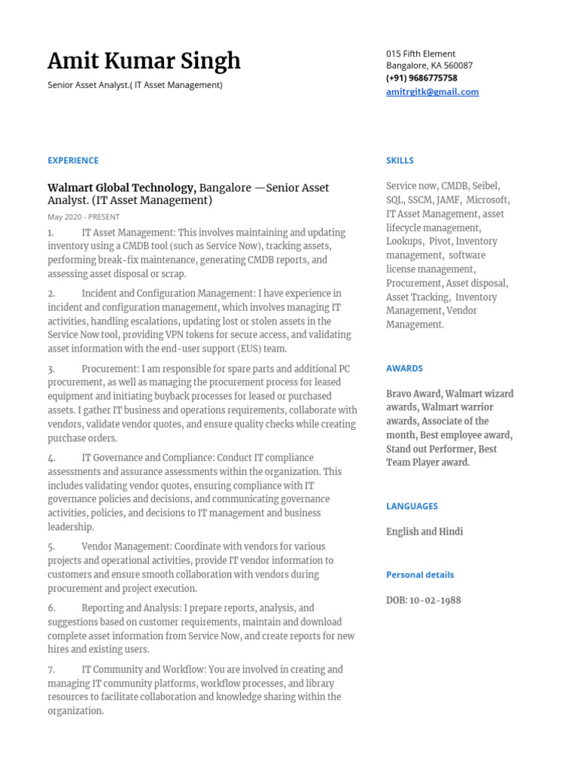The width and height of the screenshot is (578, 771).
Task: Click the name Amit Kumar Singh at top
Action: coord(144,61)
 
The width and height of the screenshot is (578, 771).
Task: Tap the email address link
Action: coord(432,92)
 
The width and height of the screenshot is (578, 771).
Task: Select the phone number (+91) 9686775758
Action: coord(421,78)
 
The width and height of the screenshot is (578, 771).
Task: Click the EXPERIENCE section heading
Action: coord(73,160)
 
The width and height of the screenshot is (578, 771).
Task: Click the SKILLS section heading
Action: coord(400,160)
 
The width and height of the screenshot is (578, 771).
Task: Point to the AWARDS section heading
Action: coord(404,368)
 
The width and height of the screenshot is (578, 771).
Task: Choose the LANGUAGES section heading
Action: coord(412,506)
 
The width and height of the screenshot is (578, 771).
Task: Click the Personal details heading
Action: coord(420,574)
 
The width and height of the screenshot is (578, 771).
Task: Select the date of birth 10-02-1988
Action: coord(435,600)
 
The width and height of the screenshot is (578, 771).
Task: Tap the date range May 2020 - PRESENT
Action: coord(84,217)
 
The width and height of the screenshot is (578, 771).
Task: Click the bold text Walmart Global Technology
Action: coord(120,187)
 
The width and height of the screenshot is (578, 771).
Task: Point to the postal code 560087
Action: coord(458,66)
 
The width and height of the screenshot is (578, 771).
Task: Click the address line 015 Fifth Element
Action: coord(421,53)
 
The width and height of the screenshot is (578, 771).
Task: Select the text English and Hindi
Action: coord(424,532)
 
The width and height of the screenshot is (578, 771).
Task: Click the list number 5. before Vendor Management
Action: coord(51,547)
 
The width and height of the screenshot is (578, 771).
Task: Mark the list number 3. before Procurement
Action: coord(51,369)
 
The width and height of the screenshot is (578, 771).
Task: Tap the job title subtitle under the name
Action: coord(135,85)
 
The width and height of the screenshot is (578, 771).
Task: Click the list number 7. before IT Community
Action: coord(51,669)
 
